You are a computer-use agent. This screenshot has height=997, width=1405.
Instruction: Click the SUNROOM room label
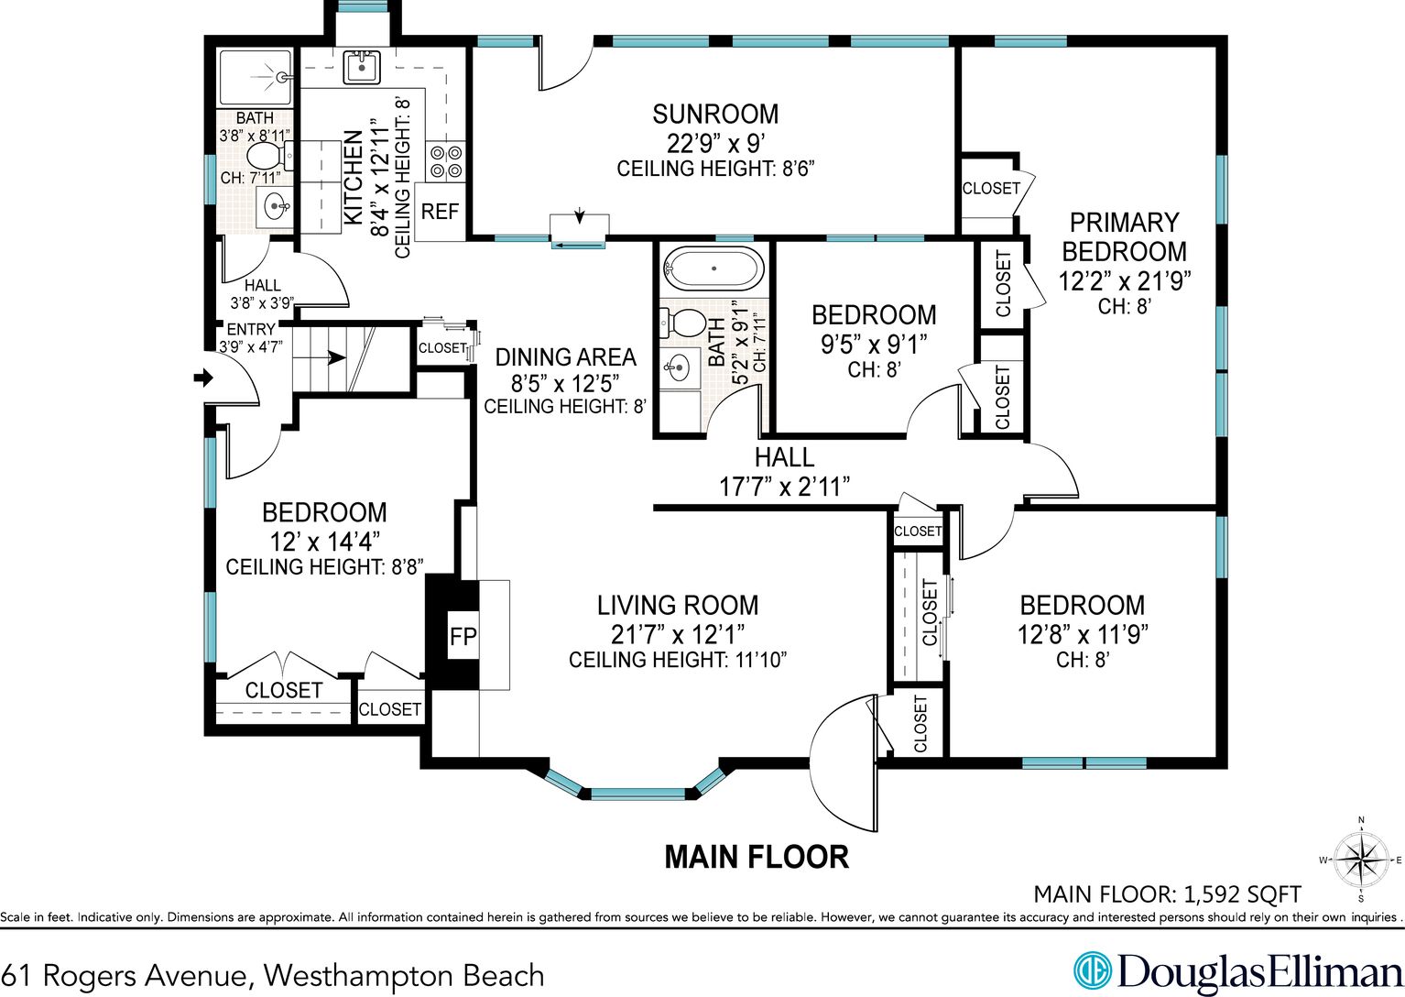click(715, 115)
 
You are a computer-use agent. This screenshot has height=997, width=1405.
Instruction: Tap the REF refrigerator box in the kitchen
click(440, 212)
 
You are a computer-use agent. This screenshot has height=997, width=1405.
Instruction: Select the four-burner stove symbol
click(446, 162)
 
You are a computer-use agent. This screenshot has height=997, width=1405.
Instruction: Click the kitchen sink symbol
click(361, 67)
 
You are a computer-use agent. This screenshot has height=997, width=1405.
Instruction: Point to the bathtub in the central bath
click(713, 268)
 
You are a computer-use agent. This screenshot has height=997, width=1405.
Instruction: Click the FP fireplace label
click(463, 637)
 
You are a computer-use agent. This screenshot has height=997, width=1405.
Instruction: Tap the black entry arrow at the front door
click(203, 378)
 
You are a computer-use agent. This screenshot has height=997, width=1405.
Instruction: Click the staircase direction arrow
click(337, 357)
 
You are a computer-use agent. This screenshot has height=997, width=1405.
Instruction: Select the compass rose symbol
click(1360, 859)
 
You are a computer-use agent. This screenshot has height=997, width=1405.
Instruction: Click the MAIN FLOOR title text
click(757, 857)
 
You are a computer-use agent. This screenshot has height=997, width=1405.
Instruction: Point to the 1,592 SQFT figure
click(1242, 893)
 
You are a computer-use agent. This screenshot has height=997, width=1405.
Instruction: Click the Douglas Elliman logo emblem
click(1092, 970)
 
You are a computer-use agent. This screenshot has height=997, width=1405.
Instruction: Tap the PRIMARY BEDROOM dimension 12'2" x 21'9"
click(1124, 280)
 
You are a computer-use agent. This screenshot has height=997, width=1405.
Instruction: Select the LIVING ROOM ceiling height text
click(678, 660)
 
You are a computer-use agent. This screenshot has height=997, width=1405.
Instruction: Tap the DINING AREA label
click(566, 357)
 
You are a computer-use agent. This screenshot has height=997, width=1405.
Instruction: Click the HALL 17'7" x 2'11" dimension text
click(784, 487)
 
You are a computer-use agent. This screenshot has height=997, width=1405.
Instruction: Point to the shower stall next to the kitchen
click(256, 77)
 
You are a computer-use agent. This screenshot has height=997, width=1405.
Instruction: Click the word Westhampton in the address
click(357, 975)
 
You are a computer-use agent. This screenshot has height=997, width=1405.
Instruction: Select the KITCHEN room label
click(354, 178)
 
